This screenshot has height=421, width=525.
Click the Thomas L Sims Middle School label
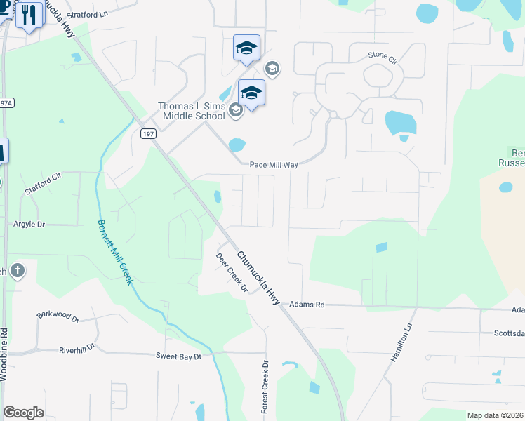tap(191, 111)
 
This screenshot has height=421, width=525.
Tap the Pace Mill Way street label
tap(274, 165)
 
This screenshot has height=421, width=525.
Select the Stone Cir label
tap(383, 55)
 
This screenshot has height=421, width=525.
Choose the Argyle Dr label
tap(29, 225)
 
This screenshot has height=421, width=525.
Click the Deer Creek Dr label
tap(232, 272)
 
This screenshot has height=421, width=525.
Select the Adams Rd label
tap(307, 305)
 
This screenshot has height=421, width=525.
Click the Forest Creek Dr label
tap(265, 387)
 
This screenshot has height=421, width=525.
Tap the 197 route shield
tap(147, 133)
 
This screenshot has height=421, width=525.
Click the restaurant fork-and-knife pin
tap(29, 14)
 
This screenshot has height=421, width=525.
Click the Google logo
tap(23, 412)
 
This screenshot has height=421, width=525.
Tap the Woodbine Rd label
tap(5, 354)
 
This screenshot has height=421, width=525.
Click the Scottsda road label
tap(510, 333)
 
